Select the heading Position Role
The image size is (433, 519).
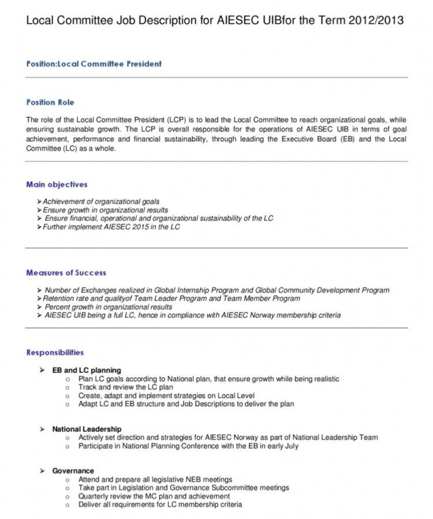tap(50, 103)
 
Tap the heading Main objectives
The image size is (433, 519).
tap(57, 185)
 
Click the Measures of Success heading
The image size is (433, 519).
tap(66, 273)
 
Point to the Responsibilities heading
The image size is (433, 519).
tap(55, 352)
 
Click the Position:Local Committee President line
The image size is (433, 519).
tap(94, 64)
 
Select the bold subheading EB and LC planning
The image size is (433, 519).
tap(87, 370)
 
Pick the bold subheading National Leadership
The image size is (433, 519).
tap(87, 429)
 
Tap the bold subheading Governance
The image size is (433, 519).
tap(73, 471)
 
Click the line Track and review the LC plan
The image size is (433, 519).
tap(126, 388)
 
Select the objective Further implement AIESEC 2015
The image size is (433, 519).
tap(111, 227)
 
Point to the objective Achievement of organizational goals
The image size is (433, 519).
tap(101, 202)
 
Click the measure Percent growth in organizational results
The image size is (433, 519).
tap(109, 307)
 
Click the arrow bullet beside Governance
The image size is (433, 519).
tap(42, 471)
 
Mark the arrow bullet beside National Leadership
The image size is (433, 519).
tap(42, 429)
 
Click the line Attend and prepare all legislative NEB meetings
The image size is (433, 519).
tap(155, 479)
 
